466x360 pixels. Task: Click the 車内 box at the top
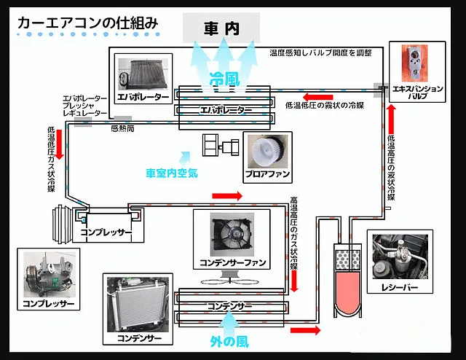[221, 28]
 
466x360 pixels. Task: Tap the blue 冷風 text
[224, 79]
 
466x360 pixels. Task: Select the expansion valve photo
[414, 63]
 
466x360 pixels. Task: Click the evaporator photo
[143, 74]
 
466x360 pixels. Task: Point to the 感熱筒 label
[122, 128]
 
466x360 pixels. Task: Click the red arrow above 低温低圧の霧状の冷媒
[317, 97]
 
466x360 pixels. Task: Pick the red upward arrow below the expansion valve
[391, 119]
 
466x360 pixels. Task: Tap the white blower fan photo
[268, 151]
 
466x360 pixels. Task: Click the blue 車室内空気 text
[172, 173]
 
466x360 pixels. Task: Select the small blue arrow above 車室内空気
[186, 157]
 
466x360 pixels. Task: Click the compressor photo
[50, 275]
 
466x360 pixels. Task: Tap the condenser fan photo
[232, 235]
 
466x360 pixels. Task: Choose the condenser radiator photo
[138, 305]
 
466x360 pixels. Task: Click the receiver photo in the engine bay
[400, 257]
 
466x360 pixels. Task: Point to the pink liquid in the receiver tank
[348, 293]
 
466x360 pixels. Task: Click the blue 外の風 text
[229, 342]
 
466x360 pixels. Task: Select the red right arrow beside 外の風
[306, 330]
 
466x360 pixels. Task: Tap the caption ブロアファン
[267, 174]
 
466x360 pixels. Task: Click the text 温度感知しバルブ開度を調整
[320, 53]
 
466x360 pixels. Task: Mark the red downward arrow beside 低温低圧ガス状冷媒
[60, 144]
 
